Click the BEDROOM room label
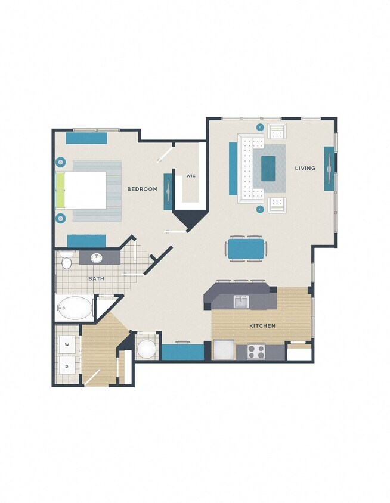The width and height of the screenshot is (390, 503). point(143,189)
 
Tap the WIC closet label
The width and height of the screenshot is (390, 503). point(191,176)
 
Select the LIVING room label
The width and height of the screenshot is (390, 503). point(305,168)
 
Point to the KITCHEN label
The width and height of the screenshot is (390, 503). point(262,326)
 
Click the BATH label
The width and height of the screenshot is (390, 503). point(97,278)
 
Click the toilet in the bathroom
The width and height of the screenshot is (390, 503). point(66,260)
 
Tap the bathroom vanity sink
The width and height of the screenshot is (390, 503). point(97,258)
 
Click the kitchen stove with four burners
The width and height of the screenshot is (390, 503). point(256,352)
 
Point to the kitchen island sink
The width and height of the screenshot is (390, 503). point(241,301)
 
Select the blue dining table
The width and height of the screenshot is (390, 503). point(245,249)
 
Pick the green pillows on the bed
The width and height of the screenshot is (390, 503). point(60,190)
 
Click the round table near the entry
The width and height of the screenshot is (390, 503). point(146,349)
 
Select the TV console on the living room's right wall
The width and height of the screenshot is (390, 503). point(329,168)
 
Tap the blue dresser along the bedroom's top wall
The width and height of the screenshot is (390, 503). point(86,138)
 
